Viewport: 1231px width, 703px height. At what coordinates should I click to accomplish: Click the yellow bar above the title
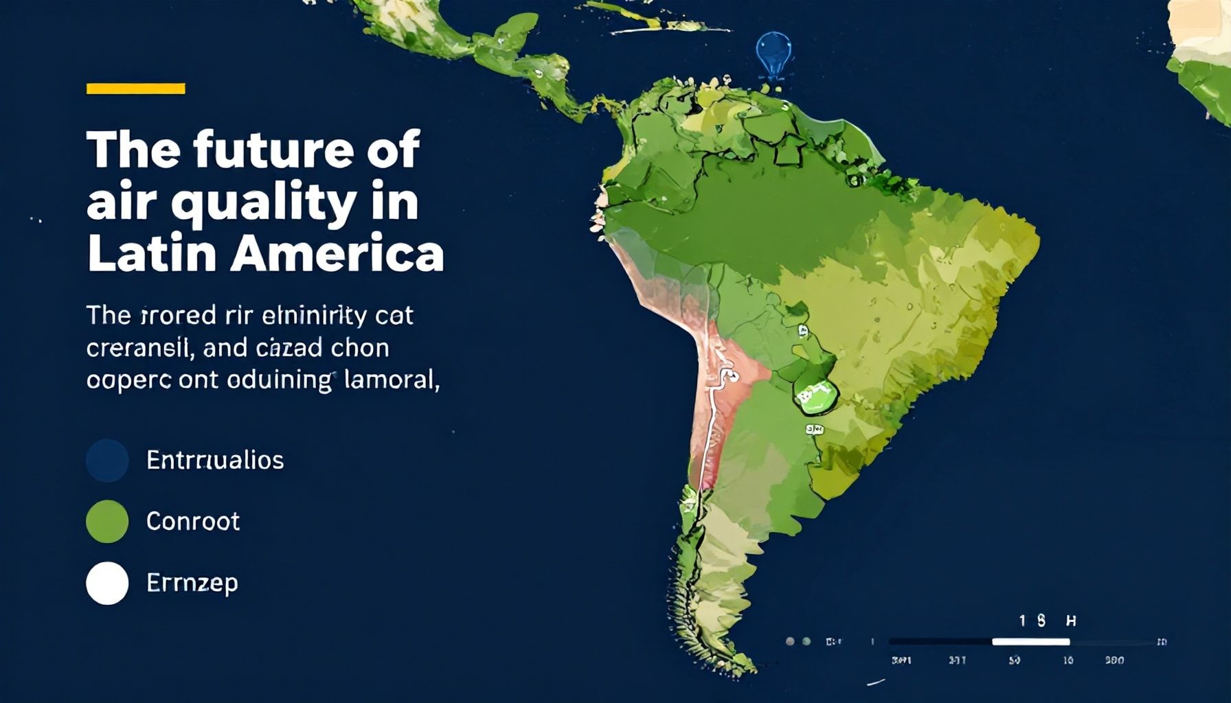tap(135, 89)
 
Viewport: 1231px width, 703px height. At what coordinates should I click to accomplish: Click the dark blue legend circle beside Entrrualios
tap(107, 460)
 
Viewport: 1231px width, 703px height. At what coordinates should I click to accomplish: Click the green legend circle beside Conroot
tap(107, 522)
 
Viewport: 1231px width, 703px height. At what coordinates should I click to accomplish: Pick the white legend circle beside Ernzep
tap(107, 583)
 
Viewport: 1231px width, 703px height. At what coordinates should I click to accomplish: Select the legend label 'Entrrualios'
tap(214, 460)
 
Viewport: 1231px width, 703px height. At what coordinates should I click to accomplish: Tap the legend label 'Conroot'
tap(193, 522)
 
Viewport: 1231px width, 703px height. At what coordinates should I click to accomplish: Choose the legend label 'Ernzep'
tap(192, 583)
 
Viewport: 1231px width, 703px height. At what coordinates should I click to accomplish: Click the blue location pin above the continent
tap(773, 52)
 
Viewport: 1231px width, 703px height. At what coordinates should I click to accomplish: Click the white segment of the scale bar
tap(1030, 642)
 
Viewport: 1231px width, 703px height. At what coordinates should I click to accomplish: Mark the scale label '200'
tap(1114, 660)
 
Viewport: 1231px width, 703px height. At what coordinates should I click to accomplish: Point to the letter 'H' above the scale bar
tap(1070, 621)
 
